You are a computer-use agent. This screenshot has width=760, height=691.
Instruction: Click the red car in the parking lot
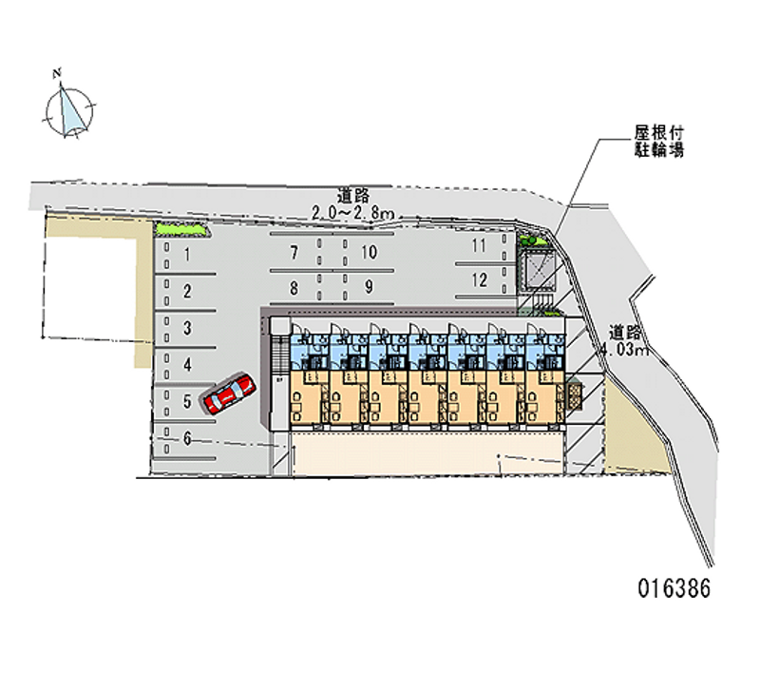click(229, 393)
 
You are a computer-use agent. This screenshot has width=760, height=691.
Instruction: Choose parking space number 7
click(294, 253)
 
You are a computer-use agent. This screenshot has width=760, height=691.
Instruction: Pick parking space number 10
click(369, 252)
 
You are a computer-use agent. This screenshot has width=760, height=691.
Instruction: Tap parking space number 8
click(294, 288)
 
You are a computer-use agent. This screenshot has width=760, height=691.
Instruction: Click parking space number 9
click(369, 287)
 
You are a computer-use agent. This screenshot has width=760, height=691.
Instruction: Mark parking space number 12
click(480, 279)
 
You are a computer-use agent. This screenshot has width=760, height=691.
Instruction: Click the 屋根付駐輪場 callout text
click(659, 141)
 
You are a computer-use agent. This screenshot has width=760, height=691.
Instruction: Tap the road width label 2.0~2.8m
click(352, 213)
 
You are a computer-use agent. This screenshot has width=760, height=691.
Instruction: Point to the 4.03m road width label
click(625, 349)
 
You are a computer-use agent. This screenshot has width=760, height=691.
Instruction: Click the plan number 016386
click(674, 588)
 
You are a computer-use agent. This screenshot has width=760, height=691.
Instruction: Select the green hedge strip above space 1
click(180, 229)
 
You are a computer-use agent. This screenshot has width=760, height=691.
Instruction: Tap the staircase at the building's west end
click(279, 355)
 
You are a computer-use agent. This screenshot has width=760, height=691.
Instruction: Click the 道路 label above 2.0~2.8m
click(353, 196)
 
